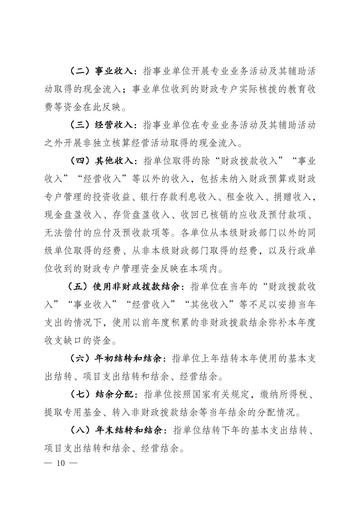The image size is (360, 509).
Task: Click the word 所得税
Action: pyautogui.click(x=293, y=394)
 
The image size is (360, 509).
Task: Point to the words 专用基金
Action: pyautogui.click(x=82, y=413)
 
